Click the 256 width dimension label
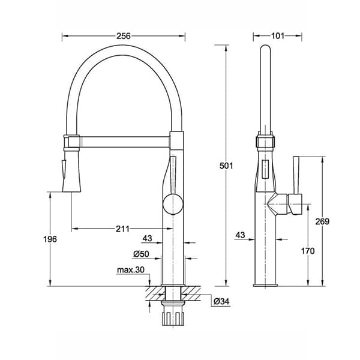[124, 36]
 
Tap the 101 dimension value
[278, 36]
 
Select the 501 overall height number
[226, 166]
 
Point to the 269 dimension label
[322, 221]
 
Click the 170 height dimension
[308, 251]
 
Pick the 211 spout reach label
[122, 229]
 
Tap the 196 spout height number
[50, 239]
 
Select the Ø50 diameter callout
[141, 254]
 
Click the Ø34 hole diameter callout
[221, 301]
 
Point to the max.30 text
[131, 270]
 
